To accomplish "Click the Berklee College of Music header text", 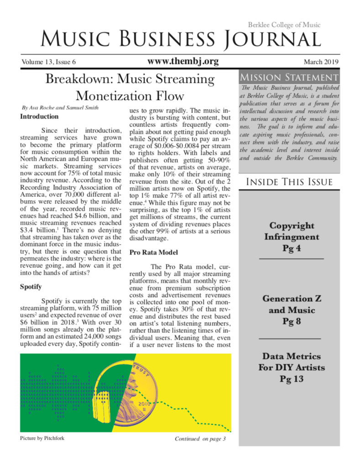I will click(284, 25).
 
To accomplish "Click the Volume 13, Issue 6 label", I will click(48, 62).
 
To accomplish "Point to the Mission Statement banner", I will click(289, 76).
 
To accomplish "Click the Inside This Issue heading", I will click(289, 182).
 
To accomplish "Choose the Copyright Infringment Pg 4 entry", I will click(291, 237).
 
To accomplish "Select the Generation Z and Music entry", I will click(291, 310).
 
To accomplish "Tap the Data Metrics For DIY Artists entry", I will click(291, 367).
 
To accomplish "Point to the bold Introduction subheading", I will click(39, 116).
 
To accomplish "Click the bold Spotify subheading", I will click(31, 287).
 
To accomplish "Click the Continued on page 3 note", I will click(200, 439).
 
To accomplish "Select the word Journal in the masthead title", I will click(272, 40).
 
